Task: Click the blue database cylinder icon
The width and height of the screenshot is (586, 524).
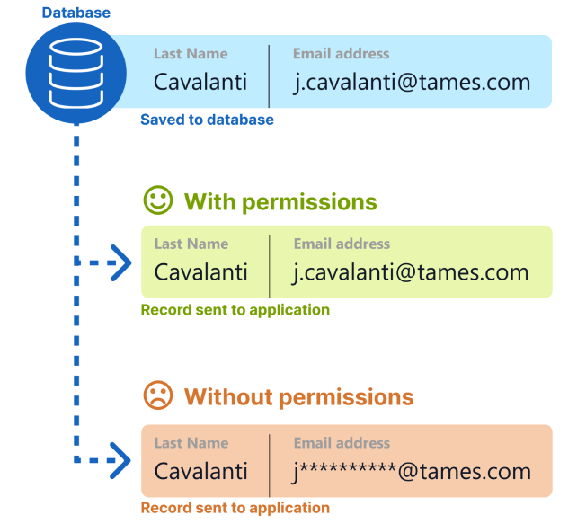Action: [x=75, y=74]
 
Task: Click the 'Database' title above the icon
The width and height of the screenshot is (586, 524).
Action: [x=76, y=13]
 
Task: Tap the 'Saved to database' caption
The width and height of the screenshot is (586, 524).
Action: [x=207, y=120]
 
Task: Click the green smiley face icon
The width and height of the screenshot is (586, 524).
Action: [x=158, y=200]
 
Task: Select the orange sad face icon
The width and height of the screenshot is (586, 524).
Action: [x=158, y=395]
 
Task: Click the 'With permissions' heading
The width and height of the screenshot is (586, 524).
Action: [x=280, y=202]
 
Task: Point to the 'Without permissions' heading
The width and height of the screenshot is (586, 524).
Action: [x=299, y=396]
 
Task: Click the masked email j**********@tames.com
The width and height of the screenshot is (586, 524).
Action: [x=412, y=472]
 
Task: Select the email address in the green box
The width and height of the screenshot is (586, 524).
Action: [x=411, y=272]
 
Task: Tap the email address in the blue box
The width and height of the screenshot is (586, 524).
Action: [x=412, y=82]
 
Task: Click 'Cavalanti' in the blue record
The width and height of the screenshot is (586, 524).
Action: [x=200, y=82]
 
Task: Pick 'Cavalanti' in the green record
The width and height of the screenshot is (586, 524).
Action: [x=201, y=271]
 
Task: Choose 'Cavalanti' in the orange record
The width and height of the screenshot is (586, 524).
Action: [x=201, y=471]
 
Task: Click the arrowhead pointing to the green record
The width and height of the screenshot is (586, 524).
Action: [x=121, y=262]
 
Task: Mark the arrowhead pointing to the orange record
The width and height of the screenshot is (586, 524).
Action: [x=120, y=460]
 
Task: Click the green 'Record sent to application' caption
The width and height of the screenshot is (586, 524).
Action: [x=235, y=310]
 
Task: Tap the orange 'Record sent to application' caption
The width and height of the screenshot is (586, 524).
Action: [x=235, y=508]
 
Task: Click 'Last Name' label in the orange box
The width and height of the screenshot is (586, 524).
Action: [x=191, y=443]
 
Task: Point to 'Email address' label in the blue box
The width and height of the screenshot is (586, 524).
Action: [x=341, y=53]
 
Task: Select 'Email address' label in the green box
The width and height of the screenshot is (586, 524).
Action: [x=342, y=244]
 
